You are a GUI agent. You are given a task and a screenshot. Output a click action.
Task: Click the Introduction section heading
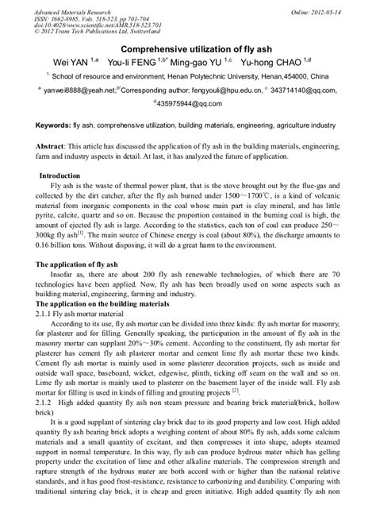tap(71, 197)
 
